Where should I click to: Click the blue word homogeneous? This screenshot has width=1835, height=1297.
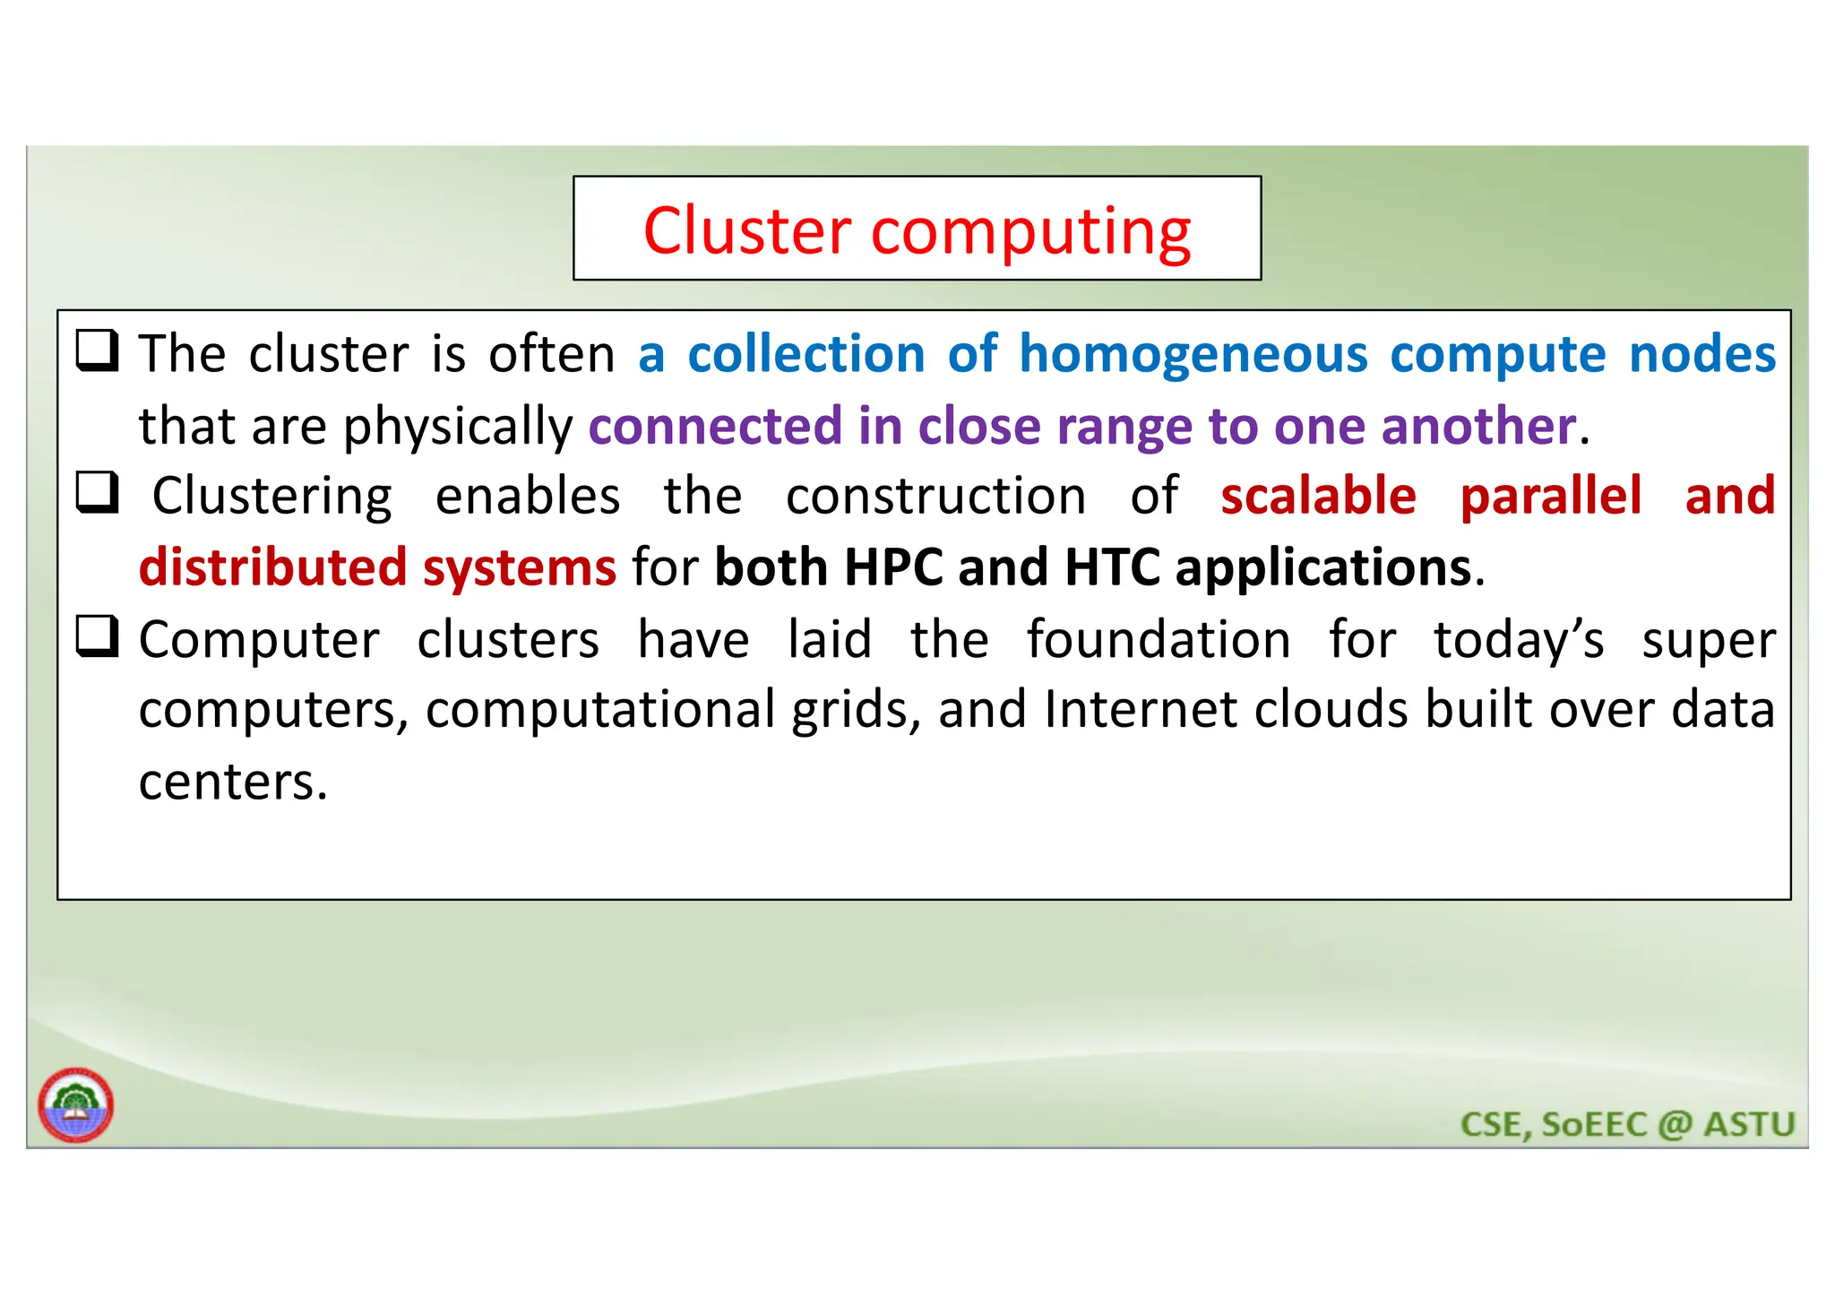1193,354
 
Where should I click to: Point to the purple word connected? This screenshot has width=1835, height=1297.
715,426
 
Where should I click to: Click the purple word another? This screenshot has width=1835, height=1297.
1478,426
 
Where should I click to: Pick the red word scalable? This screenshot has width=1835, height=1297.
1318,496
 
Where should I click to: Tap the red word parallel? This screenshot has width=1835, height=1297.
1551,496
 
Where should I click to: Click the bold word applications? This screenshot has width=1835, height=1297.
1323,568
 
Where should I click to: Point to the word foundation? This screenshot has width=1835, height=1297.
1159,640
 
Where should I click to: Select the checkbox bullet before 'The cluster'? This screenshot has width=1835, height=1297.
97,351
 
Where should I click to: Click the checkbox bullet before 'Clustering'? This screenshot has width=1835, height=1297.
97,493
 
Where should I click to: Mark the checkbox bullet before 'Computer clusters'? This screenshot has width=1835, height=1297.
97,637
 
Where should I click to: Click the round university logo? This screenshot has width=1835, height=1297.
76,1105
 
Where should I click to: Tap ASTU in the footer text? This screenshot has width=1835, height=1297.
1749,1124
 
